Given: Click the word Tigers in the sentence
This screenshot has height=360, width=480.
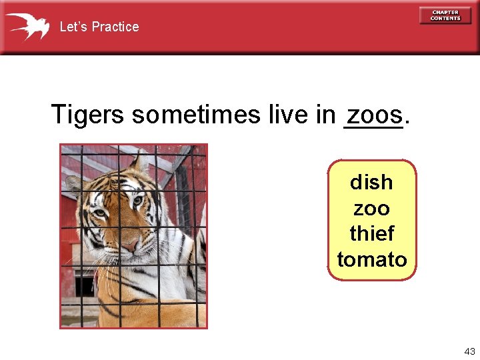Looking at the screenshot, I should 87,115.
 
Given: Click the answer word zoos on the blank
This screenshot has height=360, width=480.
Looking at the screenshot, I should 374,114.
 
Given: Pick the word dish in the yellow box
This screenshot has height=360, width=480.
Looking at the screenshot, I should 371,182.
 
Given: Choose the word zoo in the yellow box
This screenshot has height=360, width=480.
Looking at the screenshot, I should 371,208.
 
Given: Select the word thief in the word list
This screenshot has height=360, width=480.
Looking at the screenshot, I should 371,234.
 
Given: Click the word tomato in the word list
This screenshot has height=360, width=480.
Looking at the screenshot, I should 371,259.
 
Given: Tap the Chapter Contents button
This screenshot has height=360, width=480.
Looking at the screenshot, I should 445,15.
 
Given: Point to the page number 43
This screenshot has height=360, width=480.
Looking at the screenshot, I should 469,351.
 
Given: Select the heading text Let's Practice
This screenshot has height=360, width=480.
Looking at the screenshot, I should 99,27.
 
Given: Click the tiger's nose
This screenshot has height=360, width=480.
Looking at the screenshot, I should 129,246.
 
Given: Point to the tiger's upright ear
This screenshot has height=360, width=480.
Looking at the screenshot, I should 140,163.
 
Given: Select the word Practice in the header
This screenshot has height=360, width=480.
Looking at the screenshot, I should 115,27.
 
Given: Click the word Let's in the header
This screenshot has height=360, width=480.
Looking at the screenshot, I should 73,27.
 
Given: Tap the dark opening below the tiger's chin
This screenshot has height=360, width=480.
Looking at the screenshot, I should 85,286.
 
